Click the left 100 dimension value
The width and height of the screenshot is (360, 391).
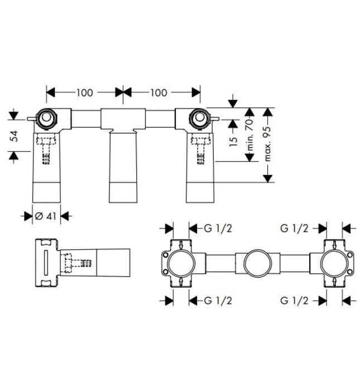coord(84,92)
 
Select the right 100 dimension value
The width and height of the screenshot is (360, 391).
coord(159,92)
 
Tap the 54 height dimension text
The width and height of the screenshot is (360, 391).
coord(15,136)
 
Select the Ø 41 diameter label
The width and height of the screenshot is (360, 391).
coord(47,216)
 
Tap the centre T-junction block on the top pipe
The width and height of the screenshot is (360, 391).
coord(123,120)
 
